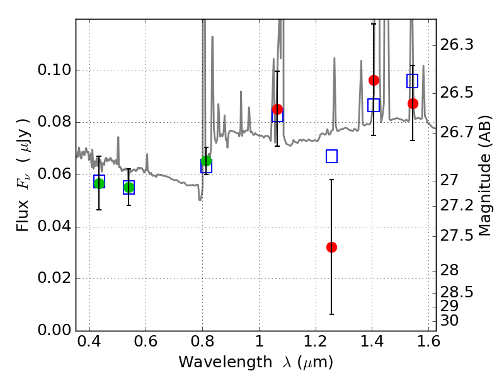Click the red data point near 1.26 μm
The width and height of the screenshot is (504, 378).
tap(331, 247)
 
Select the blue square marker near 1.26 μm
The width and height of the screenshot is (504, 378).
tap(332, 156)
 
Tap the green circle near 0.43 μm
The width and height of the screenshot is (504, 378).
tap(99, 183)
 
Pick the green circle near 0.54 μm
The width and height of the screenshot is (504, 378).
tap(129, 188)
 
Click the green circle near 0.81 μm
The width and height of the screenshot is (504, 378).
tap(206, 161)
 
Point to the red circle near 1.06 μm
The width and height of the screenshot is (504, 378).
tap(277, 109)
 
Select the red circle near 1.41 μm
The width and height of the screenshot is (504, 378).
tap(374, 80)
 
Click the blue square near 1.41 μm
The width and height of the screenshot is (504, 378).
tap(374, 105)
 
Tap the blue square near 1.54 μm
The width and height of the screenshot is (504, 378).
tap(413, 81)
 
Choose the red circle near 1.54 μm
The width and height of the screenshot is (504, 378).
tap(413, 103)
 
